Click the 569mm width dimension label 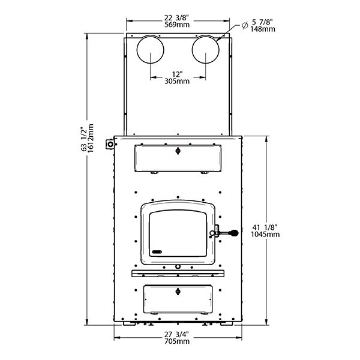[177, 25]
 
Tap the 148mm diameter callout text [263, 29]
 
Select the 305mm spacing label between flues [177, 81]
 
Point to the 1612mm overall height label [91, 138]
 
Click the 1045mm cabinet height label [265, 234]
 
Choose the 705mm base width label [177, 341]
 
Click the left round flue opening [151, 50]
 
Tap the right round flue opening [205, 50]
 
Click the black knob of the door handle [235, 233]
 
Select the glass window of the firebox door [178, 233]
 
